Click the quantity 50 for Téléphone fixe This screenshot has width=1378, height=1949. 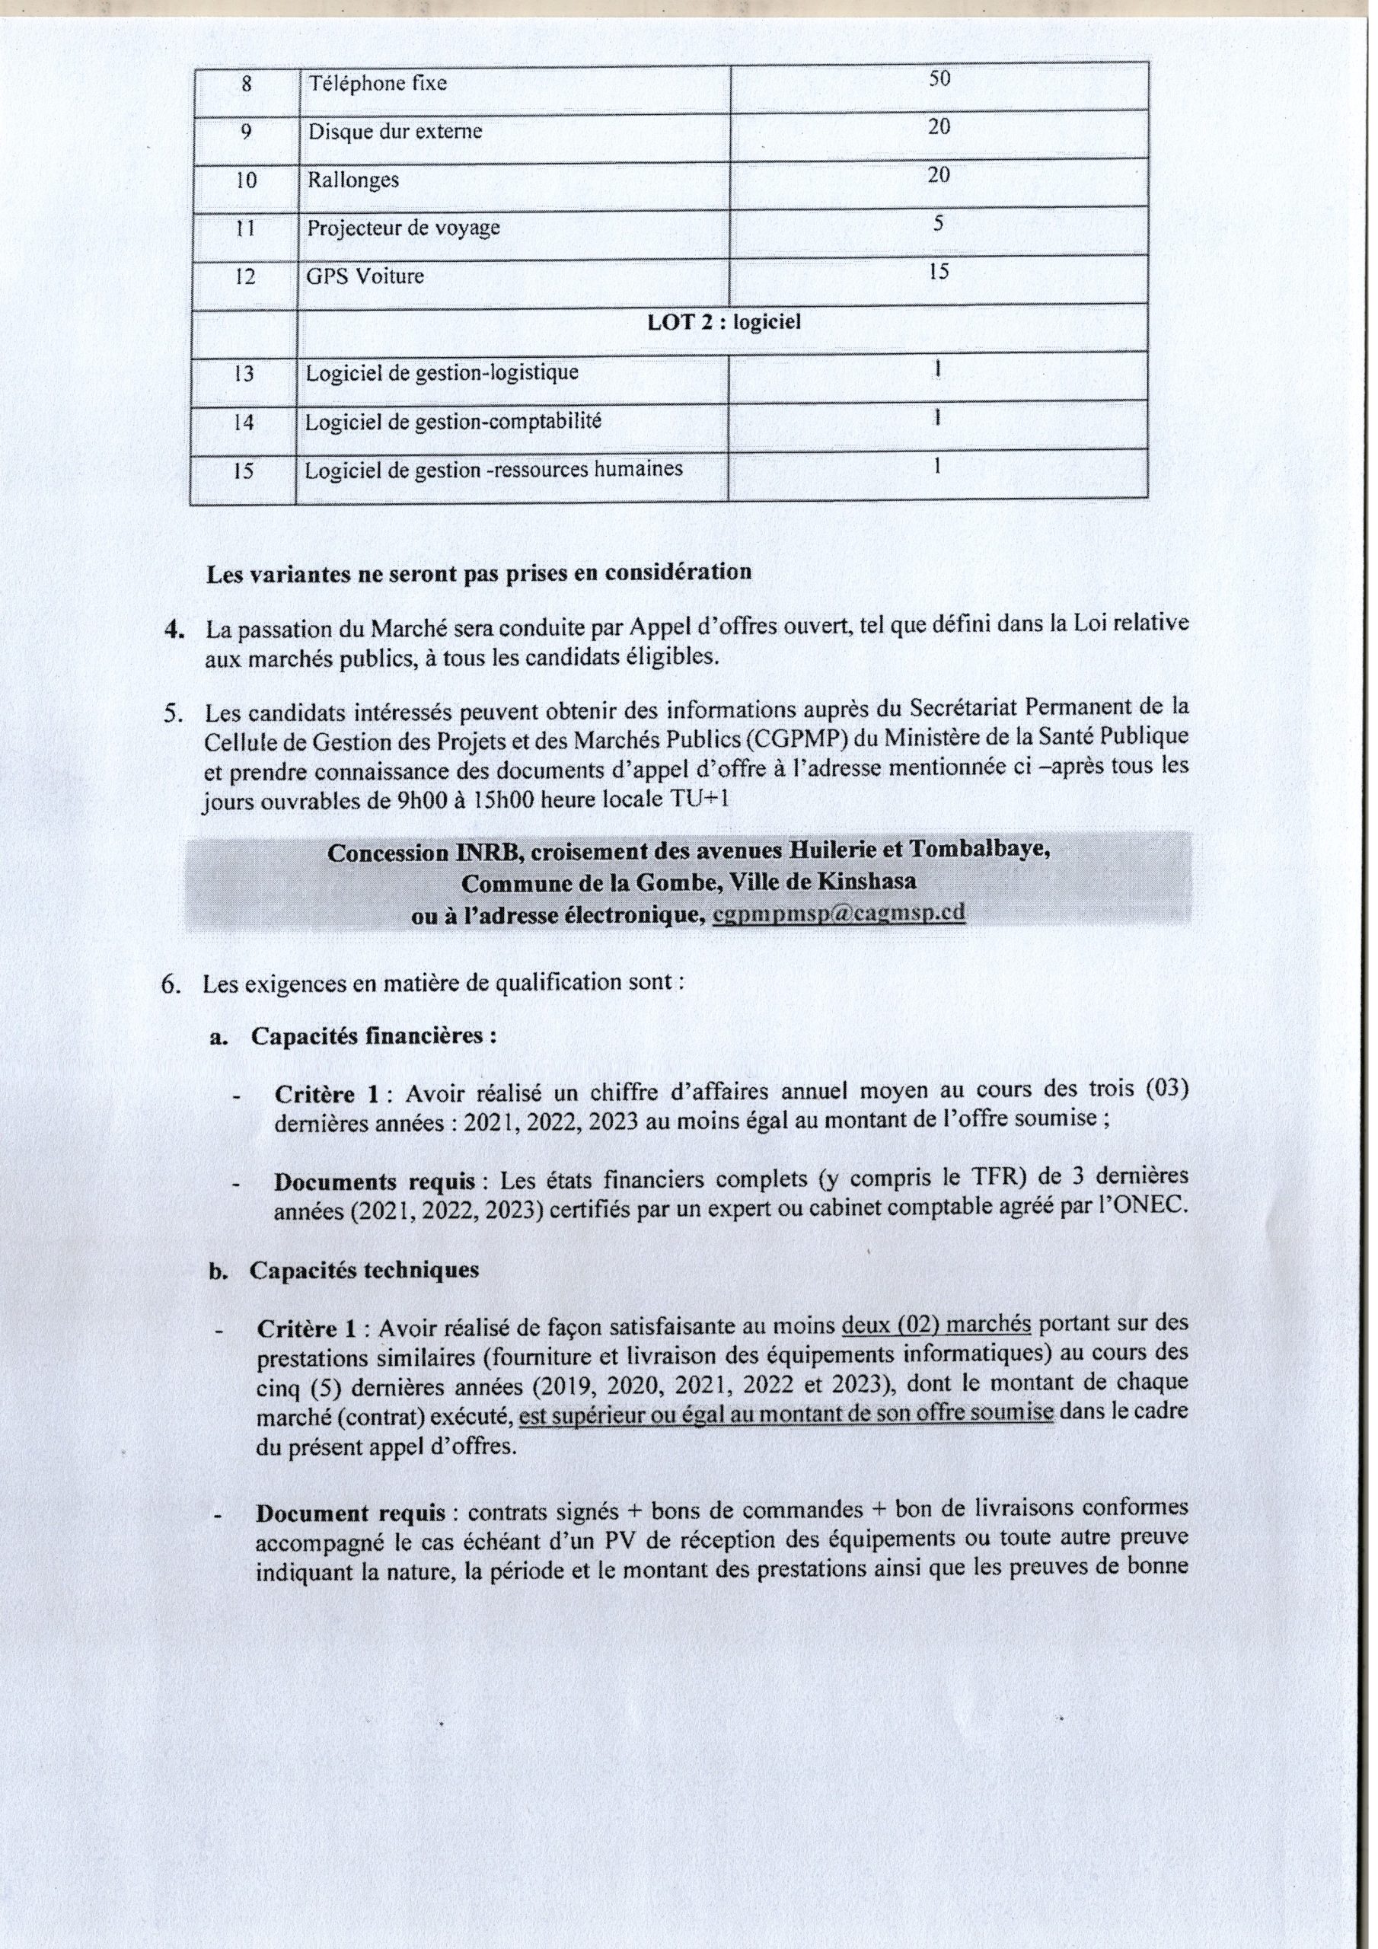tap(939, 79)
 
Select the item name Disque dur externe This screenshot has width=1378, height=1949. tap(395, 132)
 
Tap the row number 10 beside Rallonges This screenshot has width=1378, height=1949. tap(245, 180)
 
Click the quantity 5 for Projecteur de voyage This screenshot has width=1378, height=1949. tap(938, 223)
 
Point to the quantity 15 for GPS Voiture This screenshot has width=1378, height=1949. tap(938, 272)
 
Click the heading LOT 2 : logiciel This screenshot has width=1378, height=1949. tap(723, 324)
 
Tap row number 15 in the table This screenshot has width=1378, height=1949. tap(244, 471)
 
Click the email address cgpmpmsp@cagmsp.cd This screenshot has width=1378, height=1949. tap(838, 913)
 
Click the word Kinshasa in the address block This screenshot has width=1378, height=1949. tap(867, 881)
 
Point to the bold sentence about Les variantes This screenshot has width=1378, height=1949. tap(479, 573)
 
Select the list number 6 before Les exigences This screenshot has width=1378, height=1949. tap(169, 984)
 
